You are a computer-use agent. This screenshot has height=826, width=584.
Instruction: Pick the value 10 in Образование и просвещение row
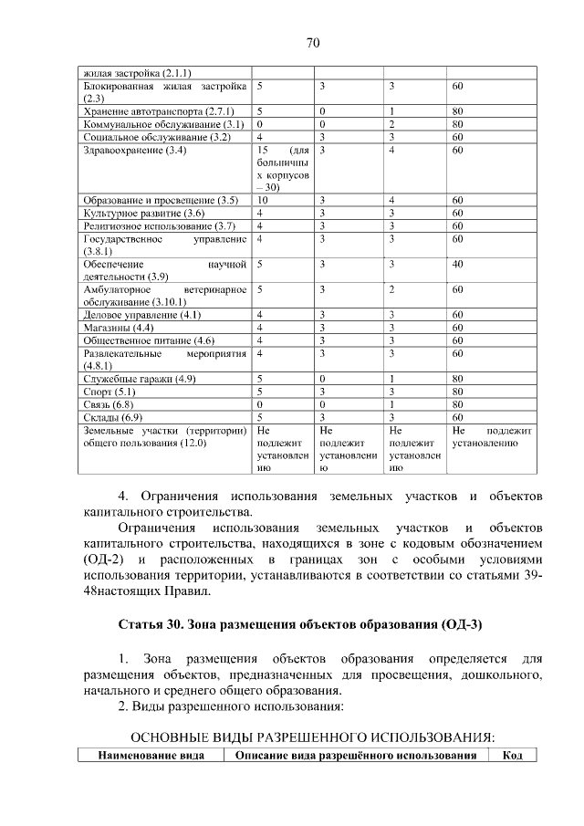(263, 200)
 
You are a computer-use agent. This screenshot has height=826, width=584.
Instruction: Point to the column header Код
(512, 756)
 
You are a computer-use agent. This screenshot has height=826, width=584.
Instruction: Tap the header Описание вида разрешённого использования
(356, 756)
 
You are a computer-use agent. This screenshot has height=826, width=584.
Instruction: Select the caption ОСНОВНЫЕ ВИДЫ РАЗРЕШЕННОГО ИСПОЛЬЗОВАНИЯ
(313, 736)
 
